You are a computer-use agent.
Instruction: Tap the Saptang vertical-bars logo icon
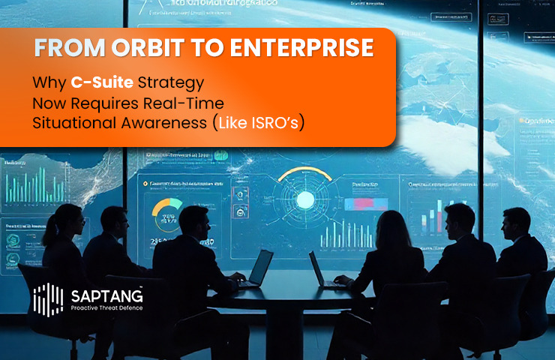(x=49, y=299)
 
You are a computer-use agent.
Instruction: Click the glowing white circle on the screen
(x=305, y=199)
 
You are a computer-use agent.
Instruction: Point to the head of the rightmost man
(x=517, y=223)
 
